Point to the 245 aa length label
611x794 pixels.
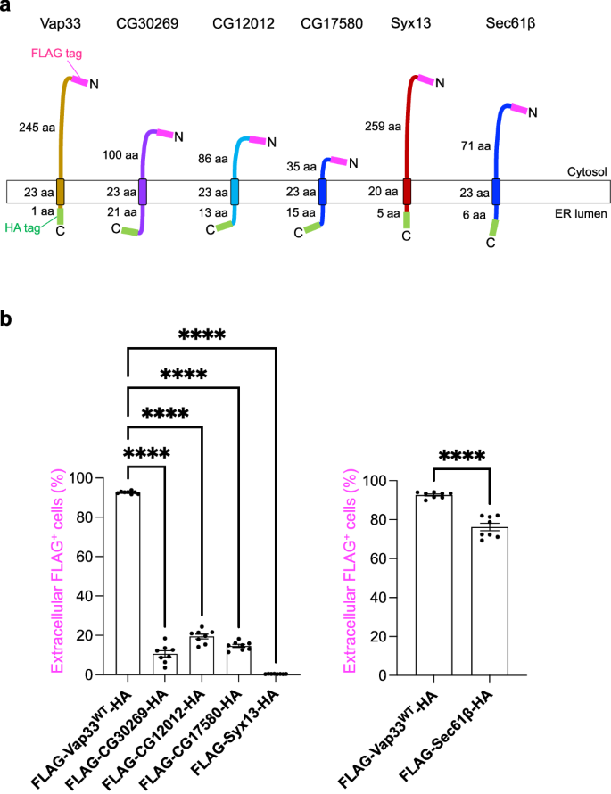tap(36, 128)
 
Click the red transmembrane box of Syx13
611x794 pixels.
tap(407, 192)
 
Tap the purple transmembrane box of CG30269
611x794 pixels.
tap(143, 192)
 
